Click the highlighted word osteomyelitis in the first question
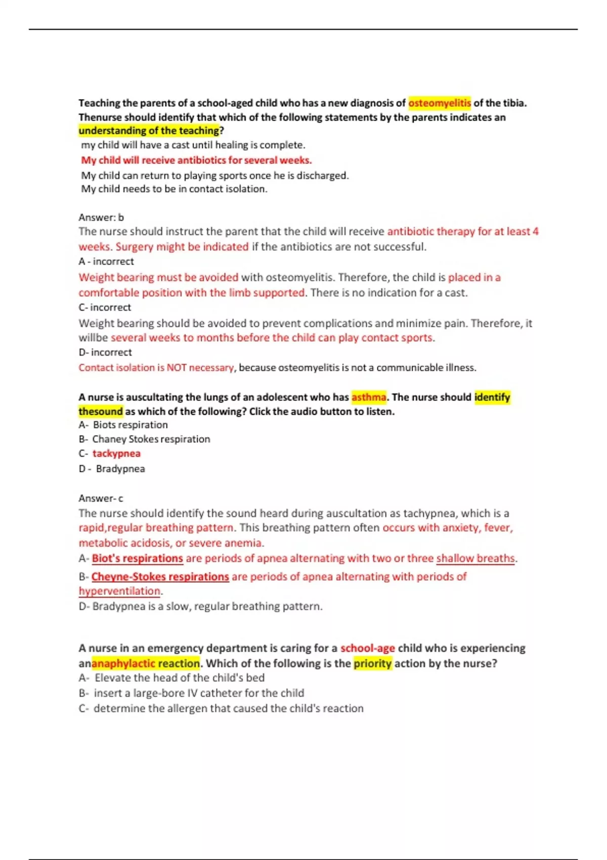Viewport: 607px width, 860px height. (439, 103)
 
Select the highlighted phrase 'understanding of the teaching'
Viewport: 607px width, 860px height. (149, 131)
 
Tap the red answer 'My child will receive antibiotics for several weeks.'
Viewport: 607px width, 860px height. (196, 160)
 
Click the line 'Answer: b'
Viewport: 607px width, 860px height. (101, 218)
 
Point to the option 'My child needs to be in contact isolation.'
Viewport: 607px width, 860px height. (174, 189)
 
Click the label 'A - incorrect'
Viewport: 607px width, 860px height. (106, 262)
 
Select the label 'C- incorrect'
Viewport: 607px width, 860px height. (105, 308)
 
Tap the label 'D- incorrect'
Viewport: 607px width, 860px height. (105, 353)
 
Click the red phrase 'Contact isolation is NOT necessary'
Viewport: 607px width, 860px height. (156, 368)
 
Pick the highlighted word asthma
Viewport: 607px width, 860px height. (369, 398)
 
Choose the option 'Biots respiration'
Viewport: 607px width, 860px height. (130, 425)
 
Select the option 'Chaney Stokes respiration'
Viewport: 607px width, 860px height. (151, 439)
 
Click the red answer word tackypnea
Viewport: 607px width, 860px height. (116, 454)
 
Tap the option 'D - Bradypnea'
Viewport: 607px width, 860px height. (120, 469)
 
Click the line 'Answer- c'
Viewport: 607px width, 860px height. (101, 499)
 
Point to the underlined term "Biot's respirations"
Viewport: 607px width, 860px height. (137, 558)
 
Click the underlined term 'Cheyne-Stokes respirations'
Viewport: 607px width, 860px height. (160, 577)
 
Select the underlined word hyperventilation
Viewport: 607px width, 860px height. (119, 591)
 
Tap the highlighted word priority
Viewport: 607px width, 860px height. (372, 664)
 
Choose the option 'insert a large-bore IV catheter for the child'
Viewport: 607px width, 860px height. (199, 694)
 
